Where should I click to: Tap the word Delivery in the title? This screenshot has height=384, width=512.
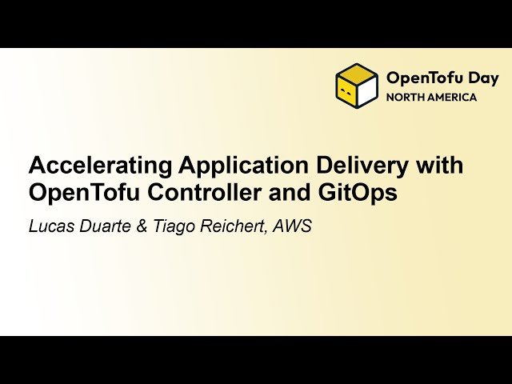point(364,166)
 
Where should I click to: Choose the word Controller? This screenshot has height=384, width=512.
point(198,194)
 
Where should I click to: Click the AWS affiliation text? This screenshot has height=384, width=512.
point(291,226)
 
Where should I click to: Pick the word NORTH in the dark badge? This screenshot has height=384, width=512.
point(406,98)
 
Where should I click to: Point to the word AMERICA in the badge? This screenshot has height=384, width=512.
point(453,98)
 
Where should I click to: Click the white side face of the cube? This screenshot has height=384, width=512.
point(367,93)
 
